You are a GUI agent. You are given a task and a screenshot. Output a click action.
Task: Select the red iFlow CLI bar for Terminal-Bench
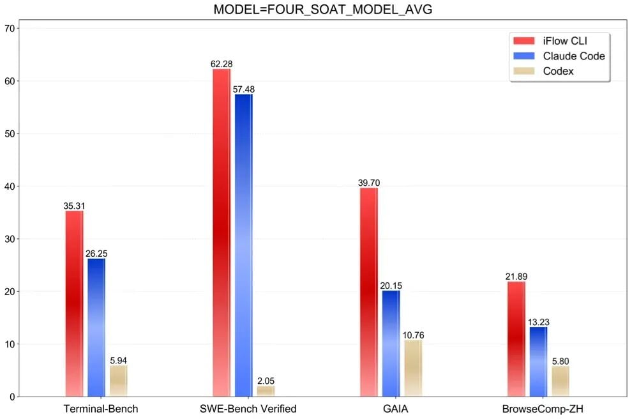click(74, 303)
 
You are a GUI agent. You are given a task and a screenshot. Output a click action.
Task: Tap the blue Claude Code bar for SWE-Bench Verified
click(243, 245)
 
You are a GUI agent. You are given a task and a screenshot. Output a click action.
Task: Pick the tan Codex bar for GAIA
click(413, 369)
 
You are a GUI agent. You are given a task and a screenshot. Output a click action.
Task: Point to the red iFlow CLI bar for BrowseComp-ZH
click(516, 339)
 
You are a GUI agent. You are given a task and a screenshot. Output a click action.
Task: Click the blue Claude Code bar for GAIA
click(391, 344)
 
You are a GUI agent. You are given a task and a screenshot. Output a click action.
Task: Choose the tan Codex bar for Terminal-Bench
click(118, 381)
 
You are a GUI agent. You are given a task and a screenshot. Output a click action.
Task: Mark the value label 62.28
click(222, 64)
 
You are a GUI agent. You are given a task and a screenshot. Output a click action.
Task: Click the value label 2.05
click(266, 381)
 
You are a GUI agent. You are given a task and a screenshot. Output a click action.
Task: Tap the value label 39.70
click(369, 183)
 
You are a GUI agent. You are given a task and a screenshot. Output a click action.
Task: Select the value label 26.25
click(96, 254)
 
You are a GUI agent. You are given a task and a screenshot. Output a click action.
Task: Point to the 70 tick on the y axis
click(10, 28)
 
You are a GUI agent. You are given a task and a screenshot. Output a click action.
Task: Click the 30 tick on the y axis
click(10, 239)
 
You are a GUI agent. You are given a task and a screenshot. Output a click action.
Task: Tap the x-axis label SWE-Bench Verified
click(243, 408)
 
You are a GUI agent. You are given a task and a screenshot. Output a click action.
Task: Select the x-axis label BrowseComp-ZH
click(538, 408)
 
